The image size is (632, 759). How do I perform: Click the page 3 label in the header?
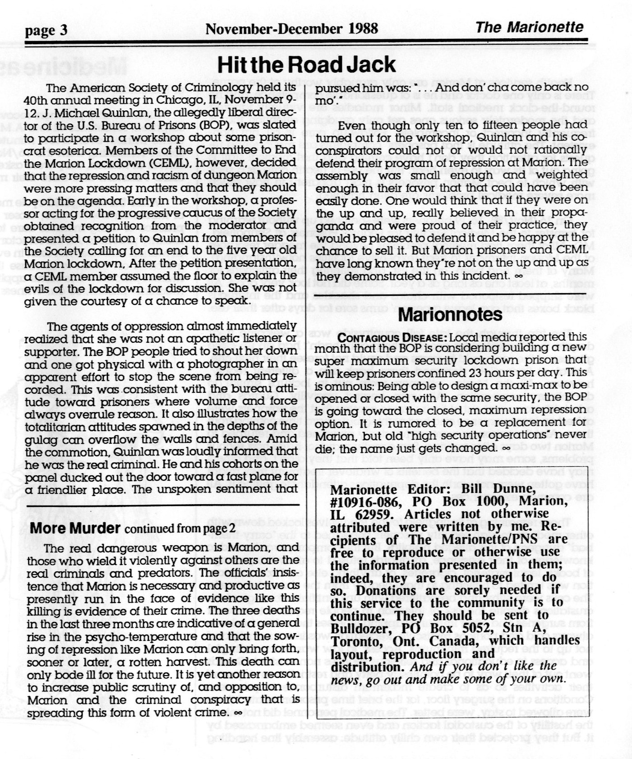46,30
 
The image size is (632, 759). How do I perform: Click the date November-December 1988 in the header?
291,28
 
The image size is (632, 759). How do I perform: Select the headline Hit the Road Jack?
306,64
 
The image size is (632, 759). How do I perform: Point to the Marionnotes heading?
451,314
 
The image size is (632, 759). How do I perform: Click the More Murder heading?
75,528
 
